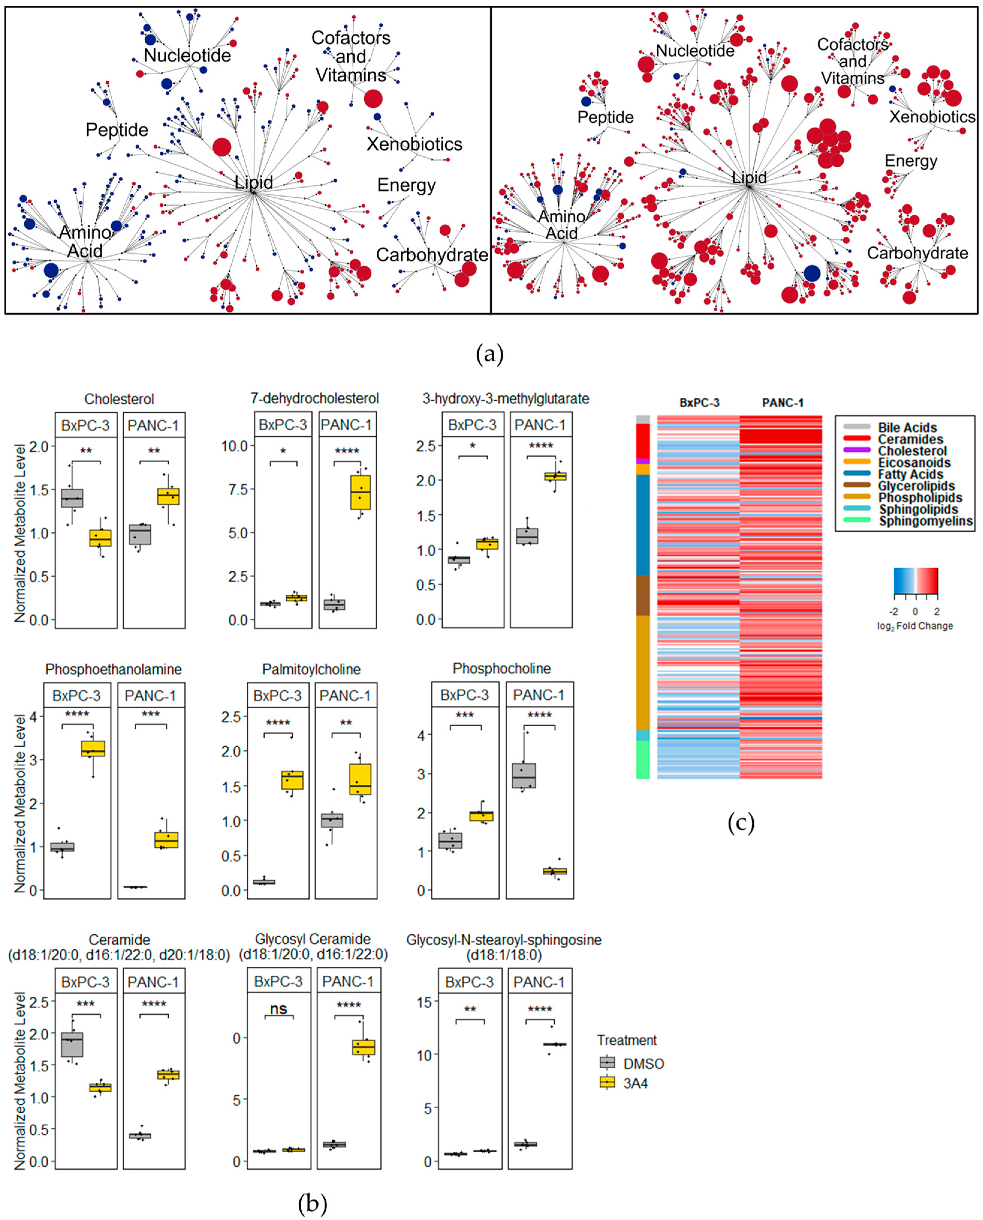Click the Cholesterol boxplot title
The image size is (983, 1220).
tap(119, 399)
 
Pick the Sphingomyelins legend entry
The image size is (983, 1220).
tap(925, 521)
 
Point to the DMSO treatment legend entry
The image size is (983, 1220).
tap(643, 1064)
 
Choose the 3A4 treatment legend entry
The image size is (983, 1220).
tap(635, 1083)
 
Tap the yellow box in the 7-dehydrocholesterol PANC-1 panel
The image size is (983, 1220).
tap(360, 492)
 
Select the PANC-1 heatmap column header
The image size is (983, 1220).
tap(783, 403)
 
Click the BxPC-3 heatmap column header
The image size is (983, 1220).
tap(699, 403)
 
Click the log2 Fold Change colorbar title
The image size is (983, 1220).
tap(914, 626)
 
